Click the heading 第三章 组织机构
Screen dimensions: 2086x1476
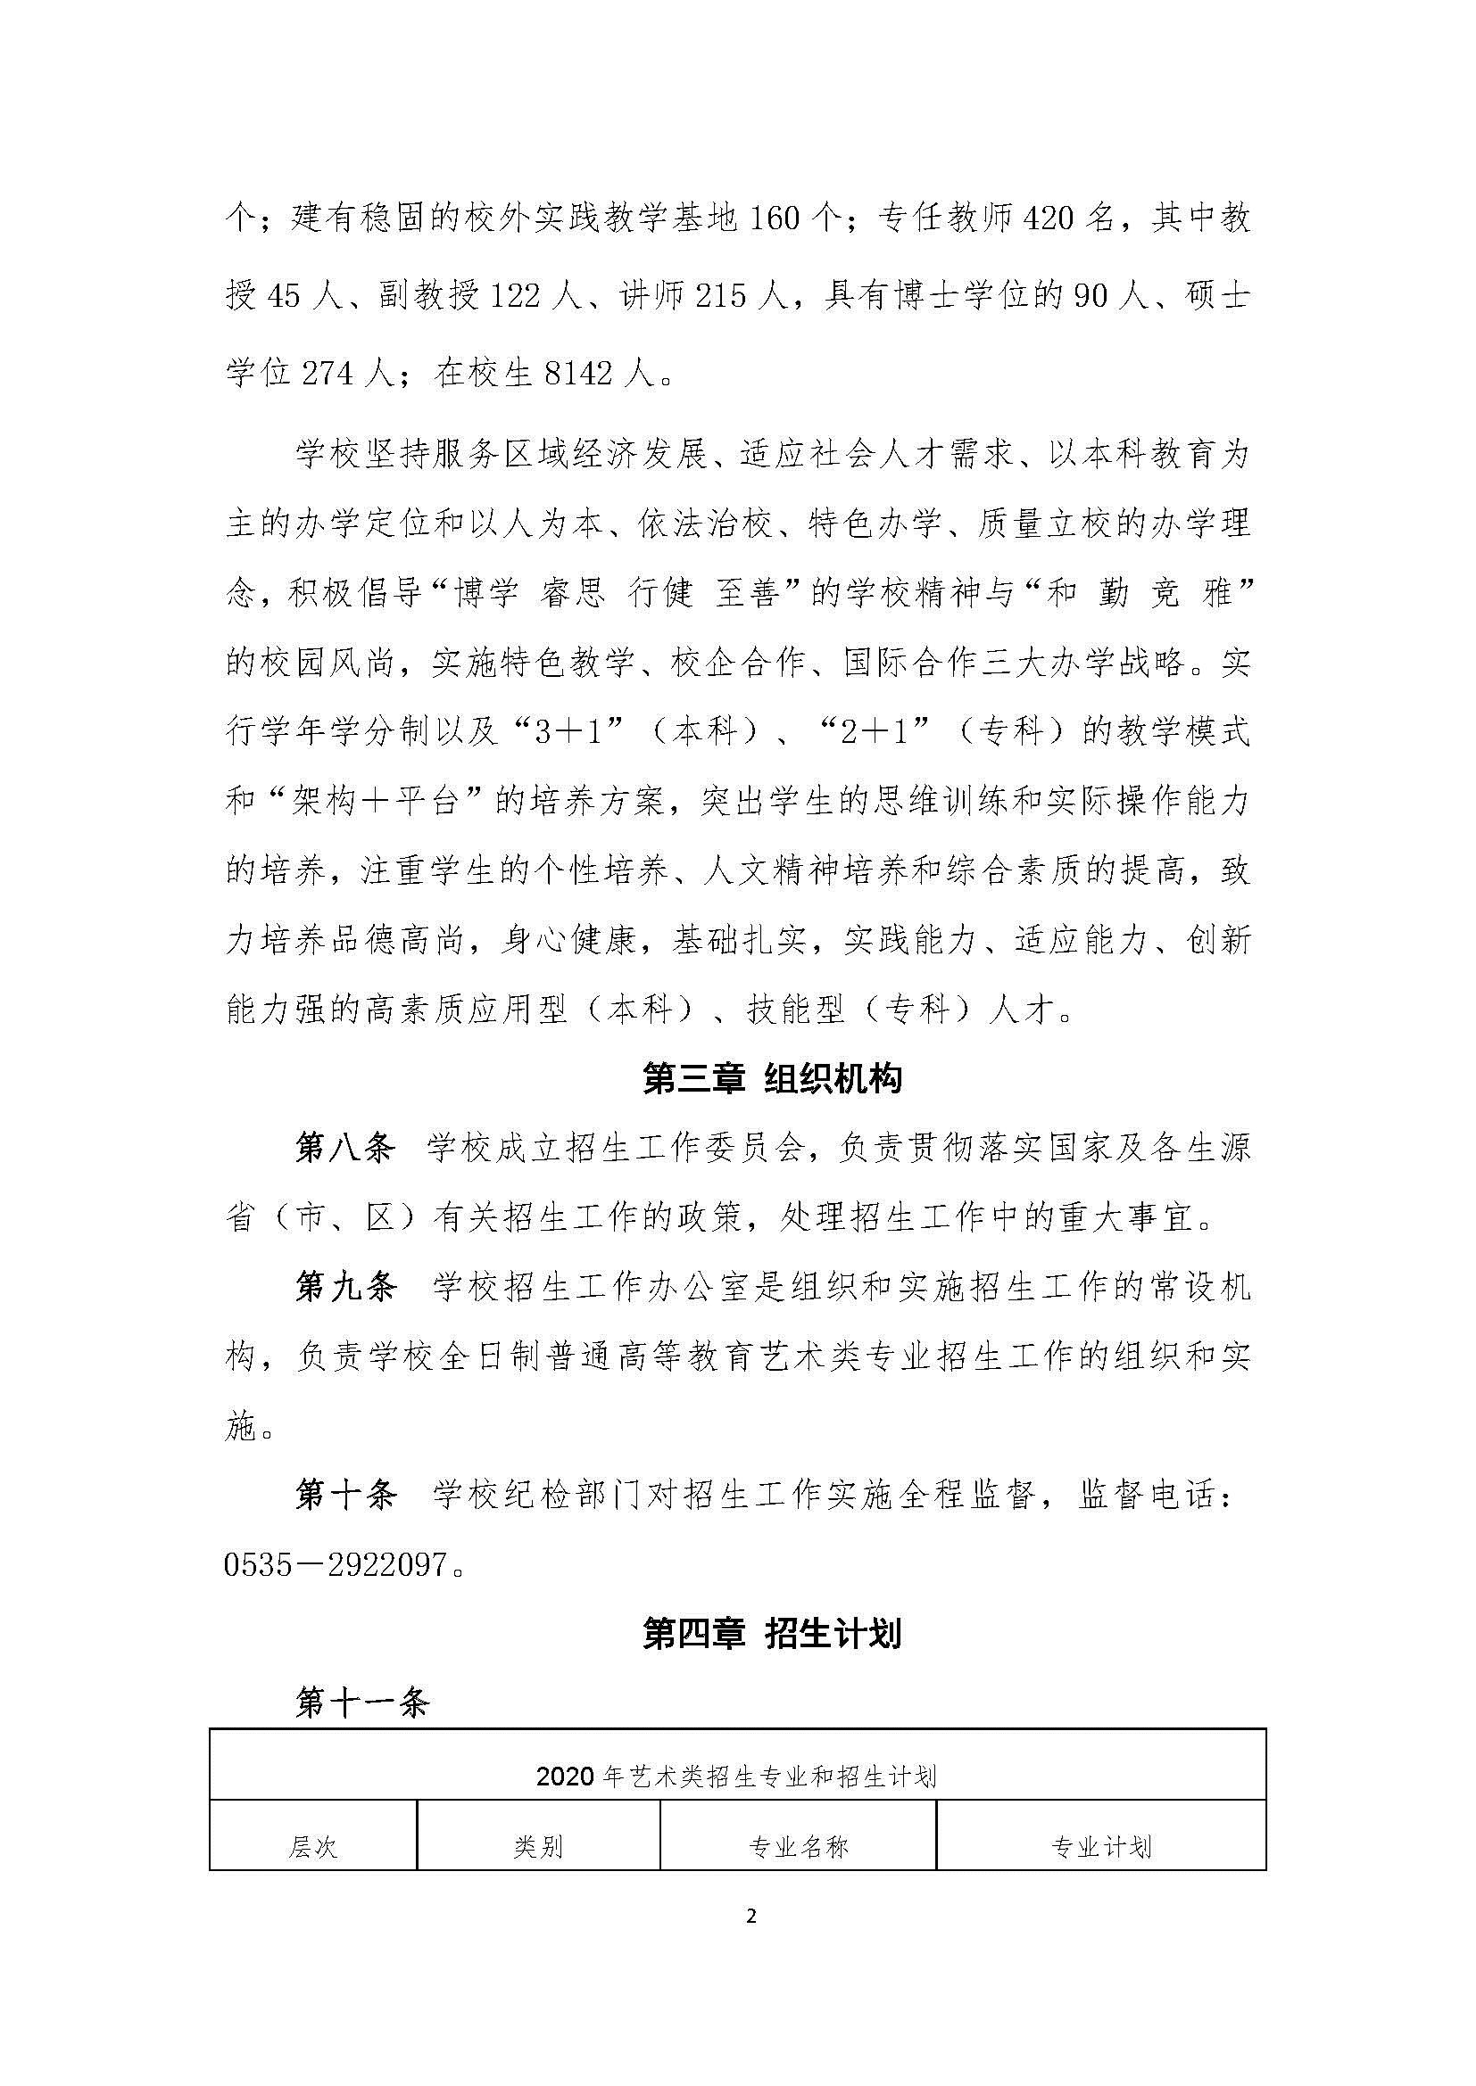[x=772, y=1080]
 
